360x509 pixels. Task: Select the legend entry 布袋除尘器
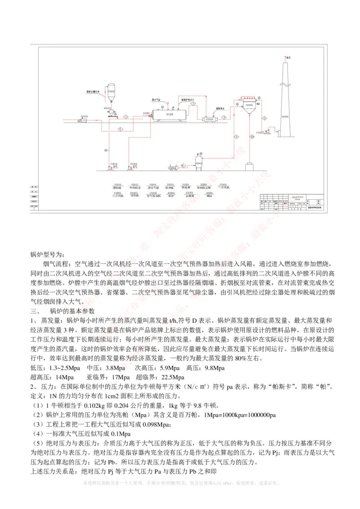click(203, 187)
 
